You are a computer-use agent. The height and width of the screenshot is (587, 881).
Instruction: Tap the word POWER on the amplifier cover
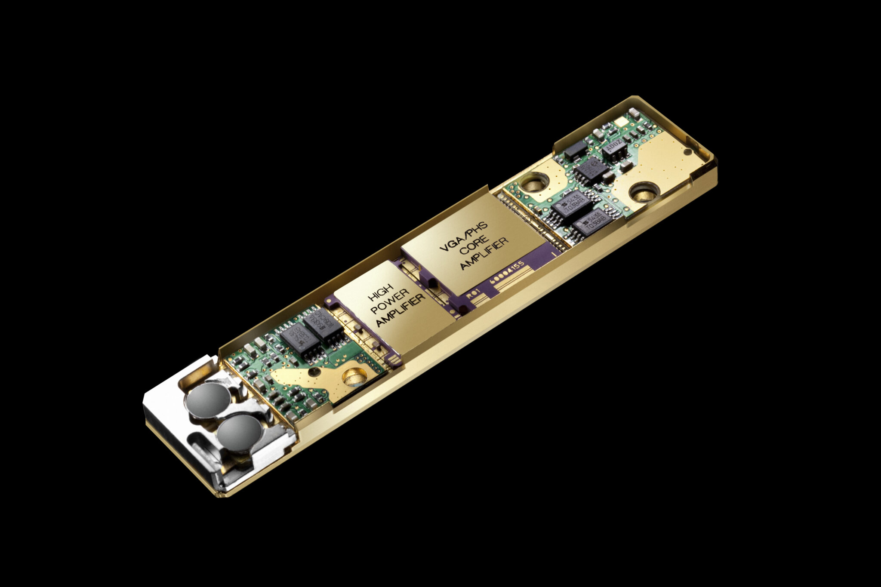[390, 306]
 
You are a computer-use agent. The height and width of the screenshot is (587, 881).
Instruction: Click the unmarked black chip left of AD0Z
[575, 149]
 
